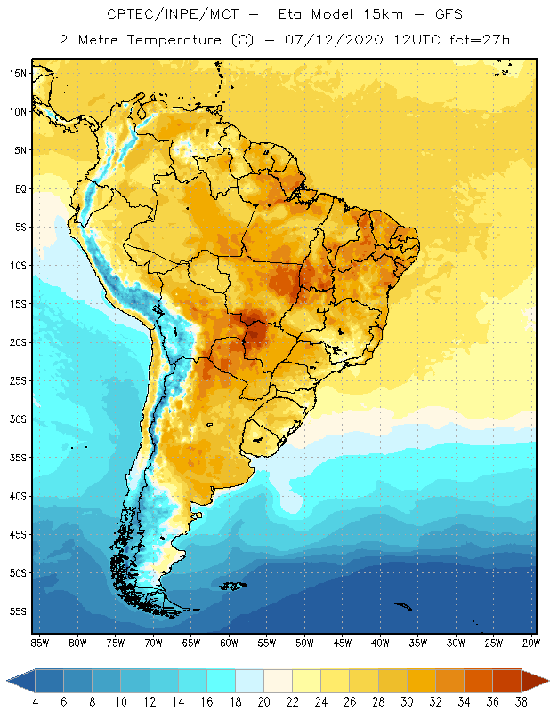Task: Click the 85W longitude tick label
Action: pos(39,642)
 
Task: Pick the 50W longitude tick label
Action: pos(304,642)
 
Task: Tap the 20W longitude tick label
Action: pos(531,642)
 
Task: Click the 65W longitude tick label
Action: pos(190,642)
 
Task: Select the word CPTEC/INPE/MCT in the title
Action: pos(162,15)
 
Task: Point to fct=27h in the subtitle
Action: pos(480,40)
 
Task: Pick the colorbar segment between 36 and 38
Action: pos(506,681)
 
